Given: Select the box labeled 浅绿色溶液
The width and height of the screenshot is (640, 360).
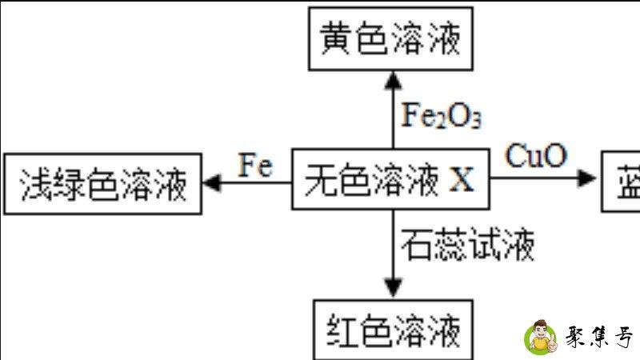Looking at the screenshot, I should tap(102, 185).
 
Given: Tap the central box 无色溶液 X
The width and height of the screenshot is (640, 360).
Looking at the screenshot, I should tap(390, 181).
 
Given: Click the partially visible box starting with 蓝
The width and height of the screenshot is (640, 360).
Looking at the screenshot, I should tap(622, 181).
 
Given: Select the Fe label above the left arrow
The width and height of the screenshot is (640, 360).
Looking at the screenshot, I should tap(255, 166).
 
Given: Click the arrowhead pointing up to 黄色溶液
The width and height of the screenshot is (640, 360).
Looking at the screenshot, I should tap(392, 78).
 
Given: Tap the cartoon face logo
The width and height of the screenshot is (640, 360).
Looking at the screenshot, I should tap(542, 337).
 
